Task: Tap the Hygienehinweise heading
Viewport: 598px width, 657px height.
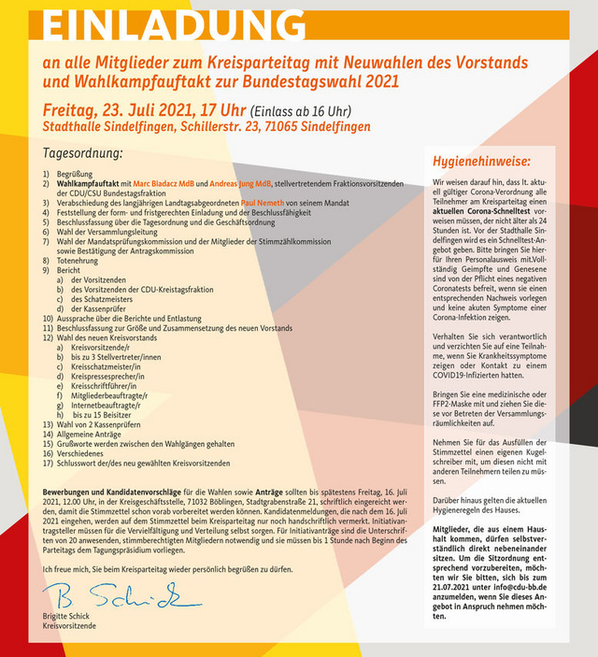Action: [x=490, y=160]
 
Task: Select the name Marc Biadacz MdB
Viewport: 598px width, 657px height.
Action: [x=164, y=184]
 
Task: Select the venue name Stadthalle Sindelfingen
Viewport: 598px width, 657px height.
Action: [x=110, y=127]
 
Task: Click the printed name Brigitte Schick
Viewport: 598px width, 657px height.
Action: [x=68, y=617]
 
